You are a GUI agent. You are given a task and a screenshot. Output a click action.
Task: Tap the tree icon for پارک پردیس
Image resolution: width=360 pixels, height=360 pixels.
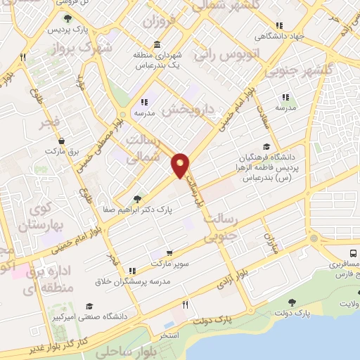[67, 19]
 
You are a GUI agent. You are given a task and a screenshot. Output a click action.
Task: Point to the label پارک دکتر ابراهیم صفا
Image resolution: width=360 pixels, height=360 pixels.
[135, 209]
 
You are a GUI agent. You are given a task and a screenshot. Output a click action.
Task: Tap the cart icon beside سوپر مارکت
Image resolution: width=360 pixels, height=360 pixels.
[169, 253]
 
